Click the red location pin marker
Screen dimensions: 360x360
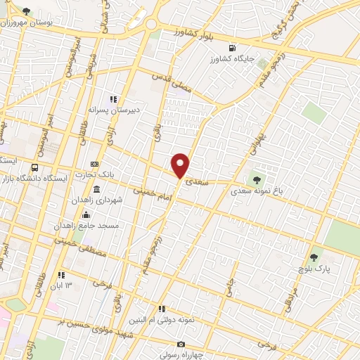[x=181, y=166]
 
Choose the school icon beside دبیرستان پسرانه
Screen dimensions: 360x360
[x=112, y=98]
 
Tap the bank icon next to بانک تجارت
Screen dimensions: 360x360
[x=96, y=164]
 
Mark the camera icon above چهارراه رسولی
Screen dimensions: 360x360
[x=181, y=345]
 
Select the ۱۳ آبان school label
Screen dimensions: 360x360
[x=60, y=285]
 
